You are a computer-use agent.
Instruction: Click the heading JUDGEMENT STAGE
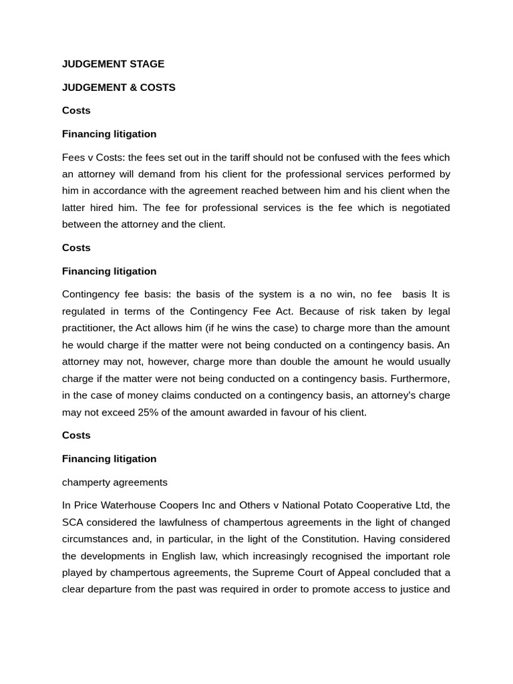point(113,64)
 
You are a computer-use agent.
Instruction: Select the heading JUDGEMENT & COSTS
point(118,88)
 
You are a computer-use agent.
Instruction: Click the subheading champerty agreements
point(115,482)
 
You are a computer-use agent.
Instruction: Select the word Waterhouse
point(130,506)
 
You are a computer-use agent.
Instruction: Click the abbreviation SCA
point(73,522)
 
